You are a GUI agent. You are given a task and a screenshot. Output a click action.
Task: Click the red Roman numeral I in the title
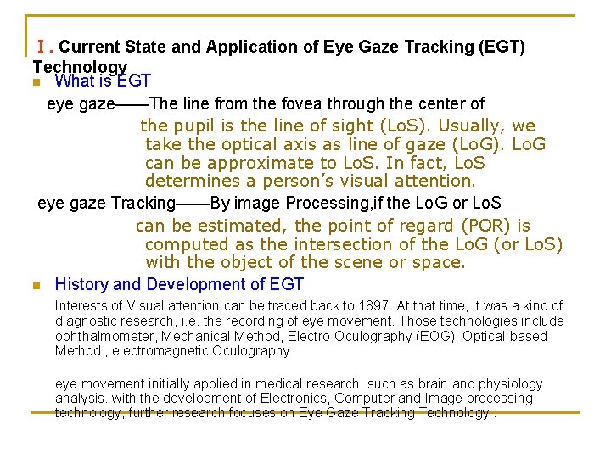point(41,47)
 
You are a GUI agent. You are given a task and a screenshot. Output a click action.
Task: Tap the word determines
point(191,181)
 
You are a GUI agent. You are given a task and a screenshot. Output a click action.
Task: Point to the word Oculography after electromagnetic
point(252,351)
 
